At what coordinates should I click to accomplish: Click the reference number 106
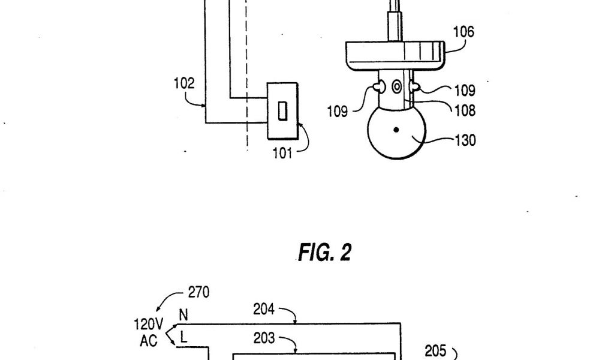[463, 32]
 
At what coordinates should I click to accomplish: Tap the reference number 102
[184, 84]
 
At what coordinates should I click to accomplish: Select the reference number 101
[282, 152]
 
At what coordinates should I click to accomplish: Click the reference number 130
[465, 140]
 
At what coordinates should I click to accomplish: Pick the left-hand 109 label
[337, 112]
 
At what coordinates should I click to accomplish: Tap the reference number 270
[198, 293]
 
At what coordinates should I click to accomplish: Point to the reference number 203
[264, 338]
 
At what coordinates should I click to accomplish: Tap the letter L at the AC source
[183, 338]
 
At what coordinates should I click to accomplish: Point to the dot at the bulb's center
[396, 130]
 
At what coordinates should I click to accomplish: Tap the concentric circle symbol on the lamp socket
[396, 88]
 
